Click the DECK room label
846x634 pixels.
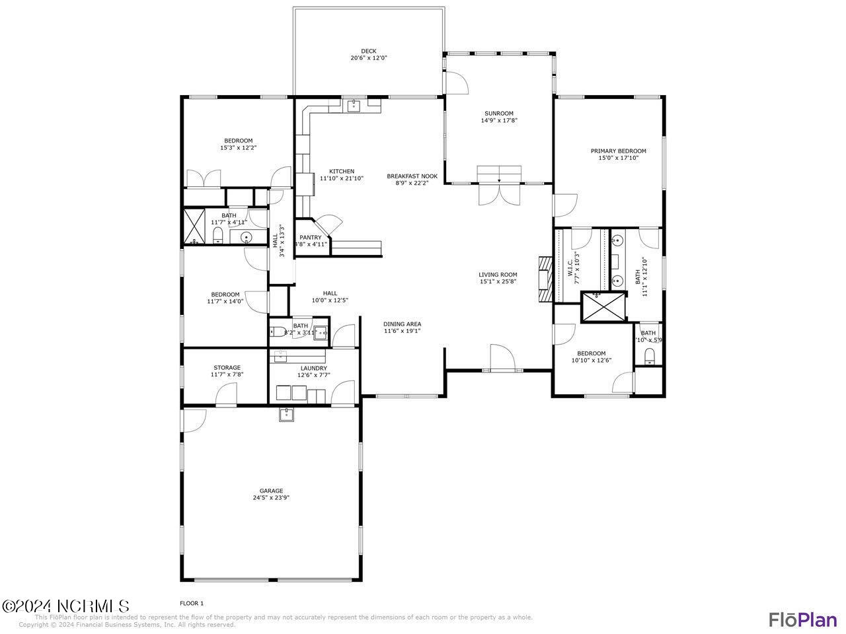coord(368,51)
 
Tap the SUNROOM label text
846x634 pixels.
coord(498,114)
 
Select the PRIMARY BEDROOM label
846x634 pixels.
coord(618,151)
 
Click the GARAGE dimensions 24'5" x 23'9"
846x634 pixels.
coord(271,498)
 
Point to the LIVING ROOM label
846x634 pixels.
coord(498,275)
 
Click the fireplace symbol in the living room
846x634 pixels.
coord(545,279)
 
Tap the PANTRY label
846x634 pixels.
coord(310,238)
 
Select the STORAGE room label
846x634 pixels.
coord(227,368)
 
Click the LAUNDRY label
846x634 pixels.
coord(313,369)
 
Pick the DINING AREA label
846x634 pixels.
coord(402,324)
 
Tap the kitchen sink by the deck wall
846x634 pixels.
coord(354,105)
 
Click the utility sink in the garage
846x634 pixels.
coord(287,415)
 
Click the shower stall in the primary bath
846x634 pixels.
coord(602,306)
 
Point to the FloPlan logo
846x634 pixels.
coord(802,619)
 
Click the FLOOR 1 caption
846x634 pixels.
coord(192,603)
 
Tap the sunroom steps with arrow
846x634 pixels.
coord(499,174)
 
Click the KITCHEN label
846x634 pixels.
coord(342,172)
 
